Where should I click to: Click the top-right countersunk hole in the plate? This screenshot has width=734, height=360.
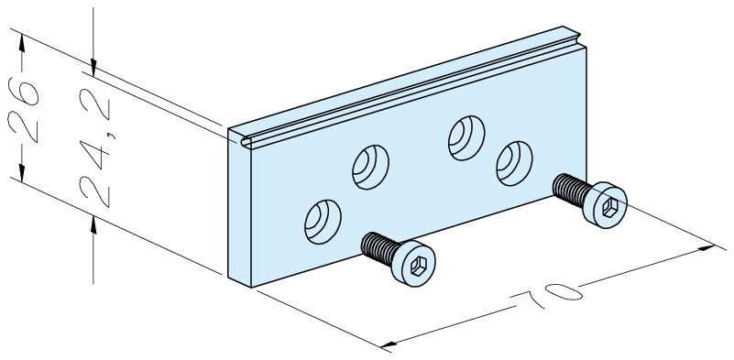(466, 138)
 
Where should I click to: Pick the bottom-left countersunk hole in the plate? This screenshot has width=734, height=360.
(323, 222)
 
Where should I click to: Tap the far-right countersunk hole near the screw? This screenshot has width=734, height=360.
(514, 163)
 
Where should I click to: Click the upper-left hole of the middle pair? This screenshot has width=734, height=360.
(370, 167)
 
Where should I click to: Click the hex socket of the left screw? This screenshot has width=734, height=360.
(416, 267)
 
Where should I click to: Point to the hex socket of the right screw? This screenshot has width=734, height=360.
(609, 207)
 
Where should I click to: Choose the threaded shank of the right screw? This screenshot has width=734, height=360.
(571, 189)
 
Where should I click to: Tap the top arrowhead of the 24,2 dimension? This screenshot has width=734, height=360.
(93, 68)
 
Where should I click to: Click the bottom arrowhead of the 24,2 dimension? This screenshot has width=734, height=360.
(93, 224)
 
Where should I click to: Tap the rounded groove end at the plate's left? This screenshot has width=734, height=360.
(246, 141)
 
